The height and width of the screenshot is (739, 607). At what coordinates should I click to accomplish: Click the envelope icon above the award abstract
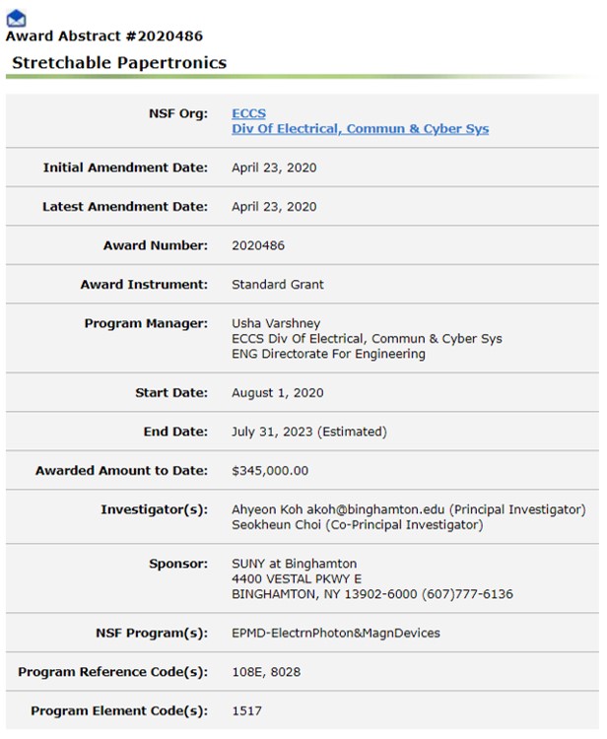point(16,18)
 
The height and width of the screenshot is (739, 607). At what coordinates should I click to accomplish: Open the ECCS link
point(248,113)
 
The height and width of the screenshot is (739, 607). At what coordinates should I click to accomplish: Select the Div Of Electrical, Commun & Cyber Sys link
point(360,129)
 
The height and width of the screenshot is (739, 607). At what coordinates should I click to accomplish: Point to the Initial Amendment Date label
point(125,168)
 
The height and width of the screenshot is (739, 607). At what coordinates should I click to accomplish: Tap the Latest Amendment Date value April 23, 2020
point(274,207)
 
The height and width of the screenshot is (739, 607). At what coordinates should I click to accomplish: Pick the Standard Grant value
point(278,285)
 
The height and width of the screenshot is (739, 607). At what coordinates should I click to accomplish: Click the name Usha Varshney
point(276,323)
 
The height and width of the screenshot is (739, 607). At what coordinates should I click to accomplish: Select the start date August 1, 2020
point(278,393)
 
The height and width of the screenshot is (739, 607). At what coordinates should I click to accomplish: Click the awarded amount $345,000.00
point(270,471)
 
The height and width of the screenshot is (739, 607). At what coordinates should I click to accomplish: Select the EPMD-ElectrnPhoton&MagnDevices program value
point(336,633)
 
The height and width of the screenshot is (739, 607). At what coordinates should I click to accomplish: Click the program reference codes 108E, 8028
point(266,672)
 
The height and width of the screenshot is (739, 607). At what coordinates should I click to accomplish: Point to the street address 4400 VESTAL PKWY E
point(297,578)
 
